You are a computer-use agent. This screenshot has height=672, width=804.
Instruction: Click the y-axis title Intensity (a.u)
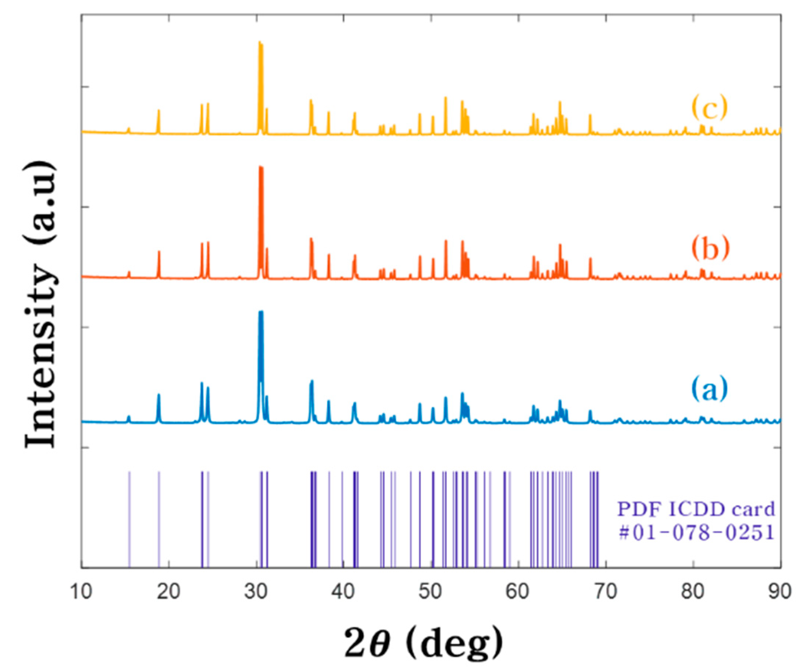[40, 305]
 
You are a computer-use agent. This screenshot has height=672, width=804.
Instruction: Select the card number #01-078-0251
[696, 533]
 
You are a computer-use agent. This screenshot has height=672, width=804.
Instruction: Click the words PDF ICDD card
[696, 510]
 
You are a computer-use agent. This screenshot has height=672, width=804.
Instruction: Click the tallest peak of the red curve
[261, 167]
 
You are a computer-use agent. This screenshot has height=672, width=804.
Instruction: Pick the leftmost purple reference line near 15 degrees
[130, 519]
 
